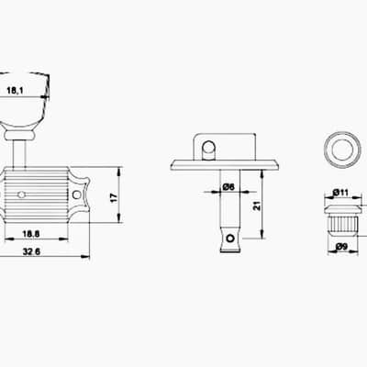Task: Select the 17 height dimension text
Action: point(113,197)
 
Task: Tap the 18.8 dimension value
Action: point(31,234)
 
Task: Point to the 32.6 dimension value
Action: point(31,251)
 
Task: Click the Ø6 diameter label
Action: point(228,186)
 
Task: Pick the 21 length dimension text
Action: point(257,206)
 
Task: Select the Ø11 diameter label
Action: point(340,193)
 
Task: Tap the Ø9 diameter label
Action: point(341,247)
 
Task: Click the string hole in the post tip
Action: point(229,238)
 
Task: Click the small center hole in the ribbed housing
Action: point(21,195)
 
